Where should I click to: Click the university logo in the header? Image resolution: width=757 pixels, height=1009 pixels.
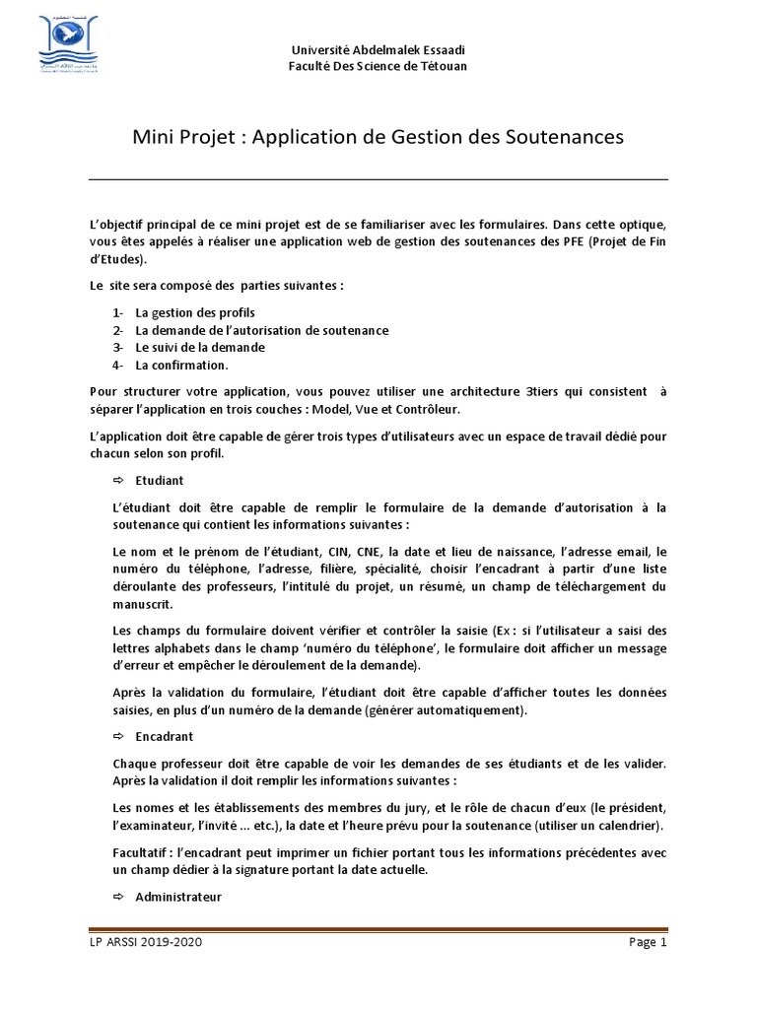[61, 45]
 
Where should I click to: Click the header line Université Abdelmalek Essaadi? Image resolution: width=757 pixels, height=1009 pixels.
[378, 50]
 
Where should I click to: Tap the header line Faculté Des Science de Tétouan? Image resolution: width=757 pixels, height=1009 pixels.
[378, 66]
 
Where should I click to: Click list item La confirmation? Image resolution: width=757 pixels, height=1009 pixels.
[181, 365]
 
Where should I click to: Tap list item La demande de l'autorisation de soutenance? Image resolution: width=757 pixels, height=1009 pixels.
[261, 330]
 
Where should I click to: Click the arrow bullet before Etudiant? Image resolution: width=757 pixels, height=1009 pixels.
[118, 480]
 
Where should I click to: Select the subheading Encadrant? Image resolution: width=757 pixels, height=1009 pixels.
[166, 736]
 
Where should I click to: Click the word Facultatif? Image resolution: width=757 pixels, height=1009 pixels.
[139, 852]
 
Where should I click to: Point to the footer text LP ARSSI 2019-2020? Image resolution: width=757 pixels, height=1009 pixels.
[147, 942]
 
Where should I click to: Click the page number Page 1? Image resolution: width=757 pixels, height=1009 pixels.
[648, 942]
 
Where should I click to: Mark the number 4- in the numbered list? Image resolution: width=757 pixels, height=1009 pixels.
[118, 365]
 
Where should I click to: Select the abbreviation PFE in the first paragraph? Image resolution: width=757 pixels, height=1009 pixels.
[574, 241]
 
